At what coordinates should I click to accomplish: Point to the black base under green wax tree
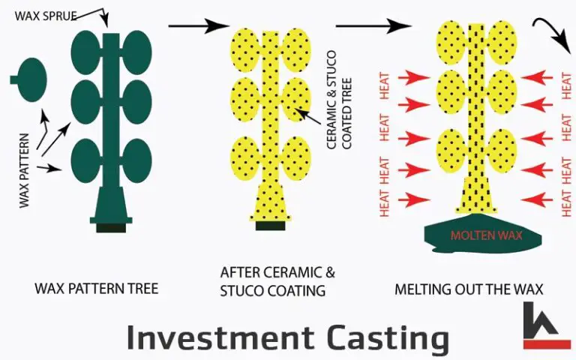pos(110,226)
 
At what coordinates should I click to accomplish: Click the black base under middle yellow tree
pos(271,225)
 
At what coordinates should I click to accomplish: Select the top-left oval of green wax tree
pos(85,51)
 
